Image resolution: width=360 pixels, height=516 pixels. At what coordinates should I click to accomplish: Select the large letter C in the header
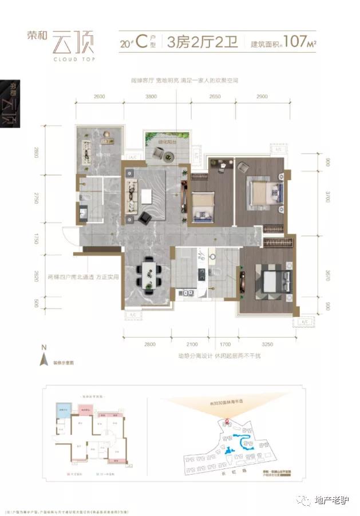(140, 41)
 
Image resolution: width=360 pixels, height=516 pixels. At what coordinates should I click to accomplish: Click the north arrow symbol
(42, 359)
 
